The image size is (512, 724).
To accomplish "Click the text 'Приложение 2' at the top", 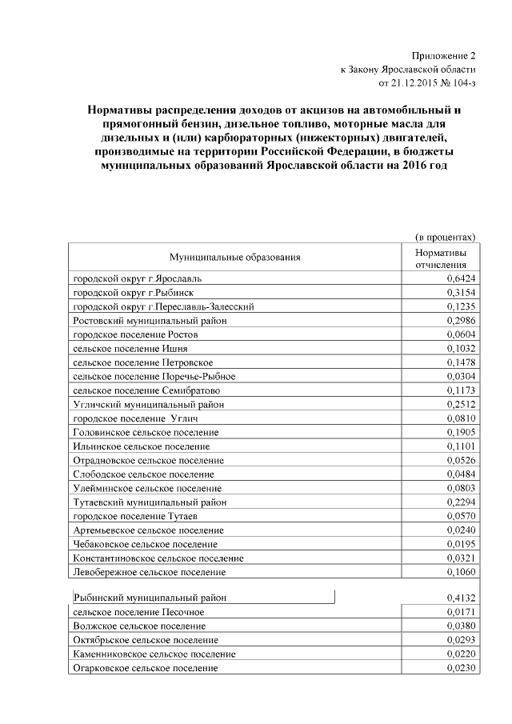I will pos(443,56).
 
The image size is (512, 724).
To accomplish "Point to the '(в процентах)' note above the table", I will pos(446,237).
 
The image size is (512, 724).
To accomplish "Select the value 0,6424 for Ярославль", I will pos(462,278).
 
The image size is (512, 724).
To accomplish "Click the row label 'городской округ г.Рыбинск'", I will pos(123,292).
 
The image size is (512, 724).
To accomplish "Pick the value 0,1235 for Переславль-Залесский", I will pos(462,306).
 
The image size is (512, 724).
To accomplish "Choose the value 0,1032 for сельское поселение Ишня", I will pos(462,349).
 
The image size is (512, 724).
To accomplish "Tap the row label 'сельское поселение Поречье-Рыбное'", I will pos(153,377).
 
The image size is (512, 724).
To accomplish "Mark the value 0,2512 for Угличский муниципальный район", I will pos(462,405).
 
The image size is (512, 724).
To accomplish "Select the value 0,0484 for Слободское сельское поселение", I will pos(462,474).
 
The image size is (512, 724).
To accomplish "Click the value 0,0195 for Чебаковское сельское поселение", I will pos(462,544).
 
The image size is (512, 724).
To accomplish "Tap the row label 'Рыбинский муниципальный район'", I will pos(150,597).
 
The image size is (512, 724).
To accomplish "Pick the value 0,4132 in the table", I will pos(462,598).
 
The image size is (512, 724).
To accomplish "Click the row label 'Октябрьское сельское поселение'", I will pos(145,640).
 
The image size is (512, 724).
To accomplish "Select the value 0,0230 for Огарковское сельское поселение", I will pos(462,668).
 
